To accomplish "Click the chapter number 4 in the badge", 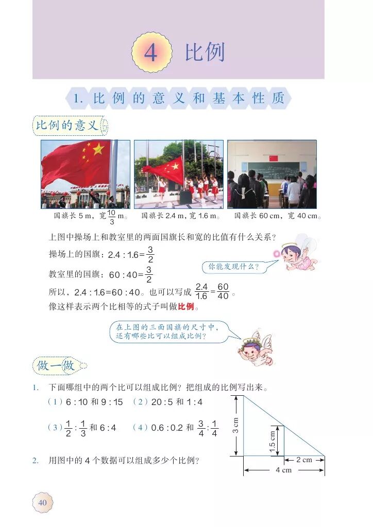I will (x=150, y=53).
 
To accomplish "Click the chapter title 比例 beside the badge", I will (x=205, y=52).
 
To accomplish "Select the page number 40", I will (x=42, y=502).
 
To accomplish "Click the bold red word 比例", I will (x=185, y=307).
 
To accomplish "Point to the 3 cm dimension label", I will (x=235, y=425).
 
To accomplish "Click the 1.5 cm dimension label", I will (x=273, y=441).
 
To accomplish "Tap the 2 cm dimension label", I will (x=304, y=460).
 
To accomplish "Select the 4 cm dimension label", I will (x=283, y=470).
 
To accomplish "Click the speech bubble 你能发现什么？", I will (x=233, y=267).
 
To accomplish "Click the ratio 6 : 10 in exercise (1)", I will (x=76, y=402).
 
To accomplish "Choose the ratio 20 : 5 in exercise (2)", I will (x=162, y=402).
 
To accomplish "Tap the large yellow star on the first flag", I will (x=98, y=149).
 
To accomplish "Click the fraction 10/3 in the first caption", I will (x=112, y=217).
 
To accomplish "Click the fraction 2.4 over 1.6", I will (x=201, y=291).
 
